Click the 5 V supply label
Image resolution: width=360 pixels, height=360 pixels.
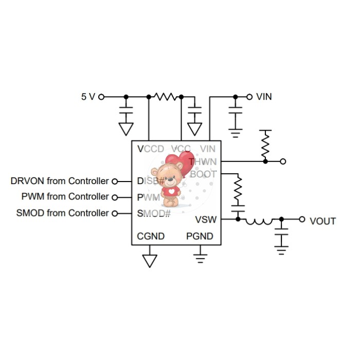pyautogui.click(x=88, y=96)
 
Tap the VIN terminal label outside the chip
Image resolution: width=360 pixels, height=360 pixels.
pyautogui.click(x=264, y=96)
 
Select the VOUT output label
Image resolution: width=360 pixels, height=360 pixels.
pyautogui.click(x=322, y=221)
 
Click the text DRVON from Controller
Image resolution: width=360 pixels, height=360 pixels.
pyautogui.click(x=60, y=181)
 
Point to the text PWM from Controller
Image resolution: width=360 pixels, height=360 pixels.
pyautogui.click(x=65, y=196)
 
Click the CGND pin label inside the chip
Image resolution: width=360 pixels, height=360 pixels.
pyautogui.click(x=151, y=237)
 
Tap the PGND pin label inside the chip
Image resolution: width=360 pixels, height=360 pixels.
pyautogui.click(x=200, y=237)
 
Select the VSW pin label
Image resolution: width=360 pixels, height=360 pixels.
pyautogui.click(x=206, y=220)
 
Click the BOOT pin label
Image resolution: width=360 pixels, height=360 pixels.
pyautogui.click(x=204, y=174)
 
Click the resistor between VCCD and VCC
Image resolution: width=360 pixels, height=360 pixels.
pyautogui.click(x=165, y=96)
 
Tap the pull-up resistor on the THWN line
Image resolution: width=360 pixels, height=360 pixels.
pyautogui.click(x=265, y=145)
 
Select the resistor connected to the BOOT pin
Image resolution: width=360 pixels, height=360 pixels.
pyautogui.click(x=238, y=189)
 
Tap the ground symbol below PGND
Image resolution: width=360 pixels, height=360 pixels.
pyautogui.click(x=200, y=255)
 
